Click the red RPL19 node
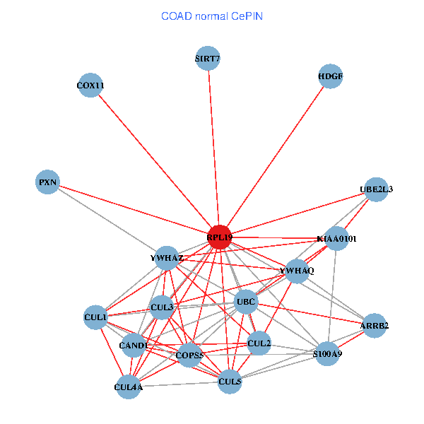coord(220,237)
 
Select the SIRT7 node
coord(208,58)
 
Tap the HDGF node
coord(331,76)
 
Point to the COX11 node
coord(90,86)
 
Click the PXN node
coord(47,182)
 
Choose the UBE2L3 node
coord(376,189)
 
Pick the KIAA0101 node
coord(336,239)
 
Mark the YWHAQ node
coord(297,271)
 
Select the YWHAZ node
coord(167,258)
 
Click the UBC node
coord(246,302)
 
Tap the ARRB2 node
coord(375,326)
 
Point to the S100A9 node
coord(327,354)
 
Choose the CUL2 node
coord(259,343)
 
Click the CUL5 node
coord(230,382)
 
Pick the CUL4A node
coord(129,387)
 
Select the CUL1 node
coord(95,317)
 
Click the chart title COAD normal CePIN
coord(212,16)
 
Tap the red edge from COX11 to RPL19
coord(155,161)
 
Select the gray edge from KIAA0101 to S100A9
coord(332,296)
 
